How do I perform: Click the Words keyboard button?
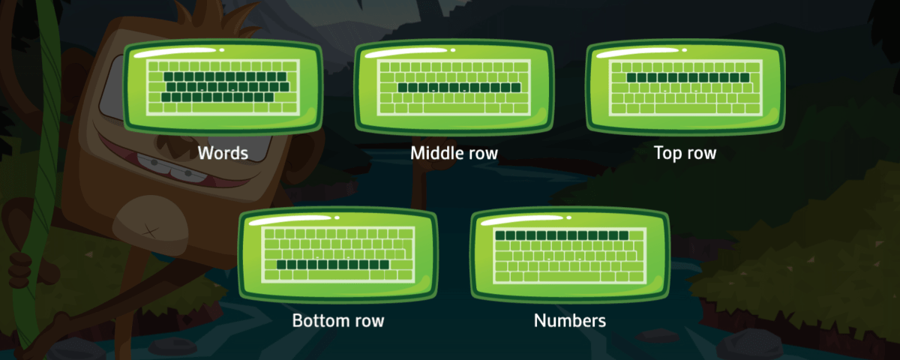[223, 87]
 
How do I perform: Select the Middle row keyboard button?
[454, 87]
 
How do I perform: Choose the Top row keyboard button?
[685, 87]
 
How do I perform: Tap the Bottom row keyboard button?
[338, 255]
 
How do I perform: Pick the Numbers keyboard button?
[570, 255]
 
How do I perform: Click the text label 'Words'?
[223, 153]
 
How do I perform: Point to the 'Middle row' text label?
[454, 153]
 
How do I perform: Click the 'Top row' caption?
[685, 153]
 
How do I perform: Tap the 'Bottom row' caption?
[338, 321]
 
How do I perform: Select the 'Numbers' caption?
[570, 321]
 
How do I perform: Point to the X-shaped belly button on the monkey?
[151, 232]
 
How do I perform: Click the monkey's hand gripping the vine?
[21, 270]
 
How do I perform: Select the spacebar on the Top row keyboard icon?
[685, 109]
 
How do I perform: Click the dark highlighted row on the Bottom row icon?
[333, 264]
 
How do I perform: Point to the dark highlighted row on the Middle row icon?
[459, 88]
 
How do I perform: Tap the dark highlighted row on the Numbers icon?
[562, 235]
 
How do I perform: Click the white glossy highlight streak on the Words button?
[174, 52]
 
